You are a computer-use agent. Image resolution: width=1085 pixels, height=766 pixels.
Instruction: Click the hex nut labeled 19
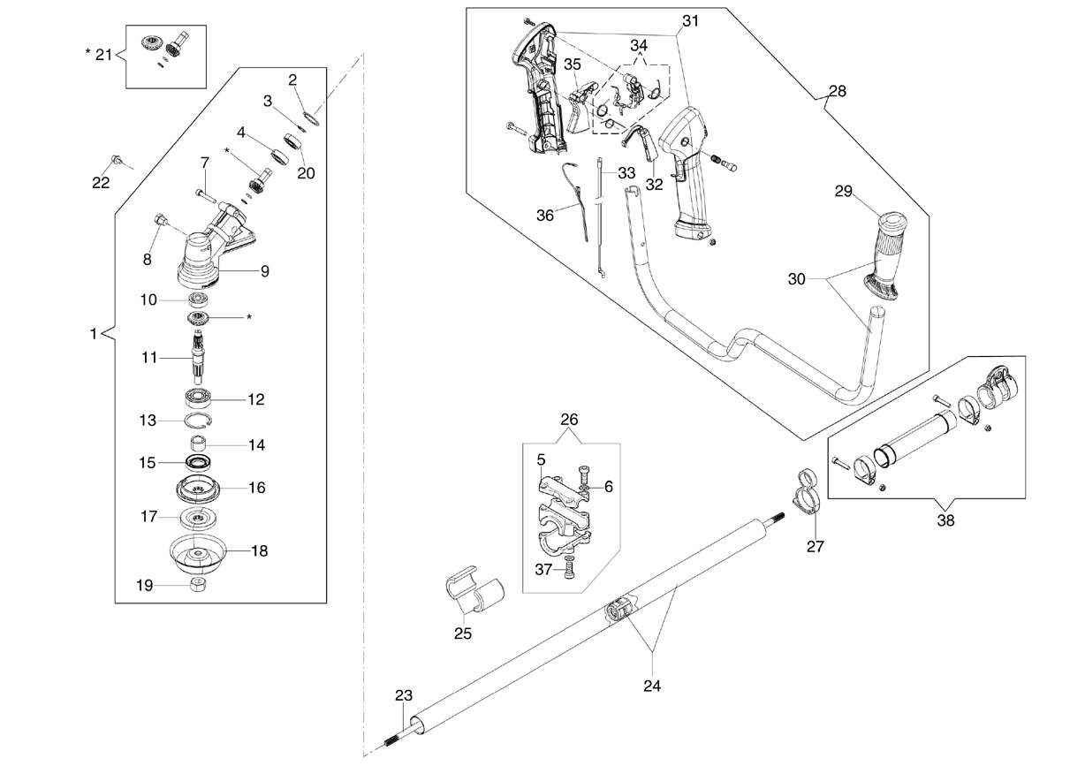pos(199,585)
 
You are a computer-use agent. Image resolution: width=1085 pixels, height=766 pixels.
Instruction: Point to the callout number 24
pos(651,686)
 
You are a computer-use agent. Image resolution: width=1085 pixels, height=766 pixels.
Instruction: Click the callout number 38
pos(945,520)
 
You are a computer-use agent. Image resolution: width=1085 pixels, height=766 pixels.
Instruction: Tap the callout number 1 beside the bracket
pos(93,334)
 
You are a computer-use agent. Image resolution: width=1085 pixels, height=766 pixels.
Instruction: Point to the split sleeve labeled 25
pos(474,589)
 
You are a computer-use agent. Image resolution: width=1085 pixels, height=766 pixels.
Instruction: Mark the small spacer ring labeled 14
pos(198,444)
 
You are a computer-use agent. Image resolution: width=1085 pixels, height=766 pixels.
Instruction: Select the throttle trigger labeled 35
pos(580,107)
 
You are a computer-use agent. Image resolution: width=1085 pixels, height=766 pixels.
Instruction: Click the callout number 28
pos(838,91)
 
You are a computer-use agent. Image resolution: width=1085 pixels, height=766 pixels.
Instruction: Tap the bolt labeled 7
pos(205,195)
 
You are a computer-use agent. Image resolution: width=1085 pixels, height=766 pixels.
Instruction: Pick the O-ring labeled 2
pos(311,118)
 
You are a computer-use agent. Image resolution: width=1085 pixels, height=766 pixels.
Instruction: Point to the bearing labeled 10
pos(198,300)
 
